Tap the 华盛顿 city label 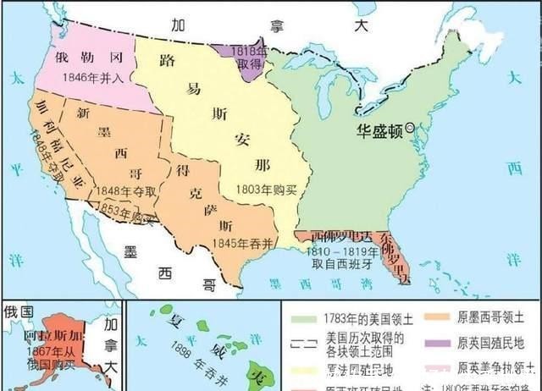pos(378,129)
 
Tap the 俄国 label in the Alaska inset pos(17,310)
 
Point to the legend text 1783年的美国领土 pos(355,318)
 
